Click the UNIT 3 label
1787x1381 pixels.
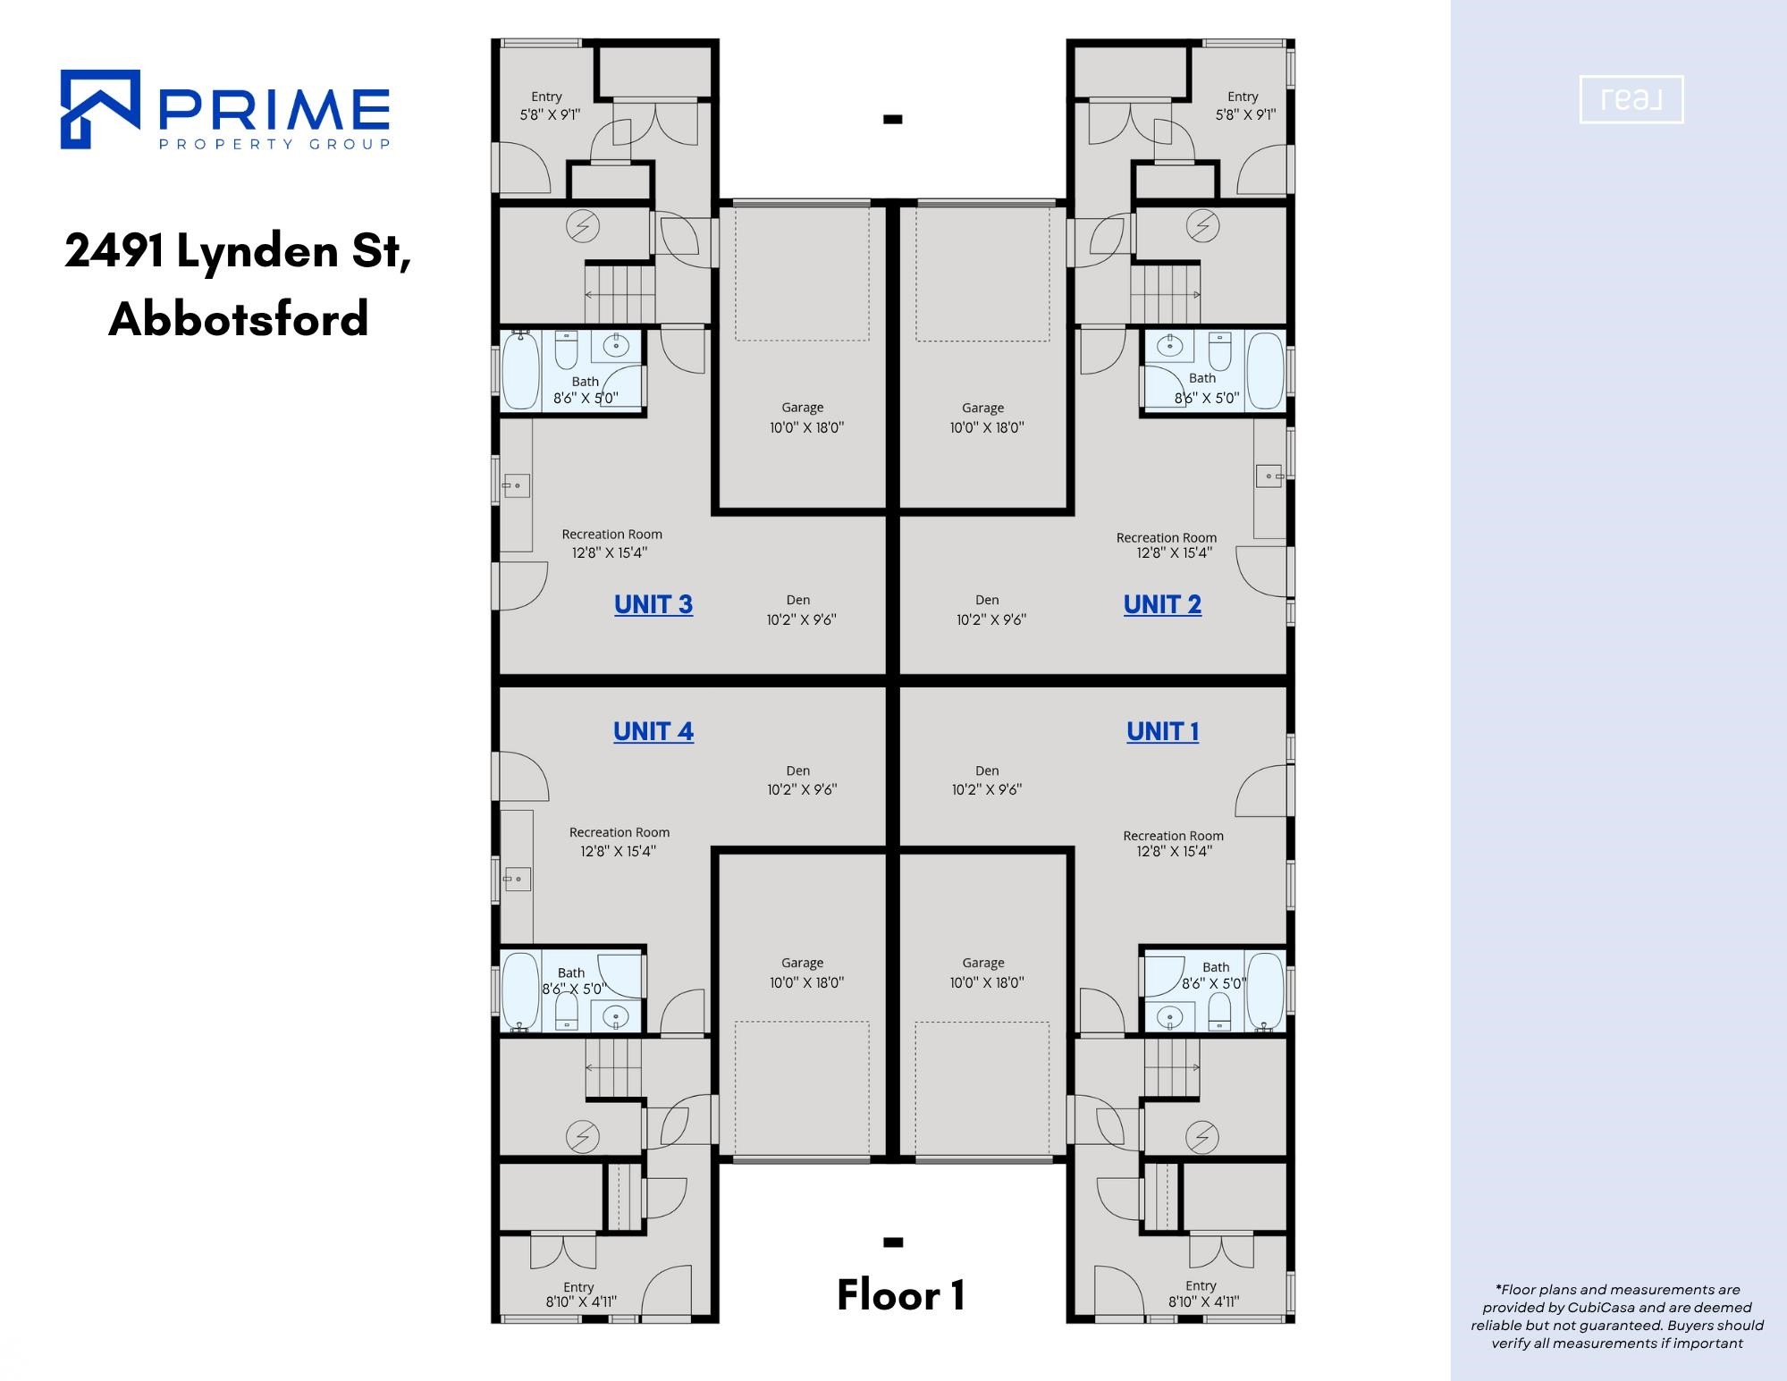pos(653,604)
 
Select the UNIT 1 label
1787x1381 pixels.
pos(1163,731)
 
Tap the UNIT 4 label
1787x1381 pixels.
pos(653,731)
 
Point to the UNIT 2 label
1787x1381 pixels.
pos(1162,604)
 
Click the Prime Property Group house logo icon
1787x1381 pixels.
pos(100,109)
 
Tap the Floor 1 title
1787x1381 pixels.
pos(900,1295)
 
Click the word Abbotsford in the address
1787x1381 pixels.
pos(239,318)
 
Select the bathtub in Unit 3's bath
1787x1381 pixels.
pos(521,370)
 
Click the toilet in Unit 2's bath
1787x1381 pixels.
pos(1220,351)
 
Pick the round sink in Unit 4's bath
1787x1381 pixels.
pos(616,1016)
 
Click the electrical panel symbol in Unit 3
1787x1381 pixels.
pos(583,226)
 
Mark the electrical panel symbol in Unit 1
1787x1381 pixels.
pos(1202,1137)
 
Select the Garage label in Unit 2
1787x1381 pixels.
pos(983,408)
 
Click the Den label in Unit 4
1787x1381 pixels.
pos(798,770)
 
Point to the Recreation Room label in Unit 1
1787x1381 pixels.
pos(1173,836)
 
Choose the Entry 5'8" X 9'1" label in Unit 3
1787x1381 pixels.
pos(549,105)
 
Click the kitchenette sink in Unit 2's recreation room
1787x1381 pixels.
pos(1269,476)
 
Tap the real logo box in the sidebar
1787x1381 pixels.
pos(1631,99)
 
